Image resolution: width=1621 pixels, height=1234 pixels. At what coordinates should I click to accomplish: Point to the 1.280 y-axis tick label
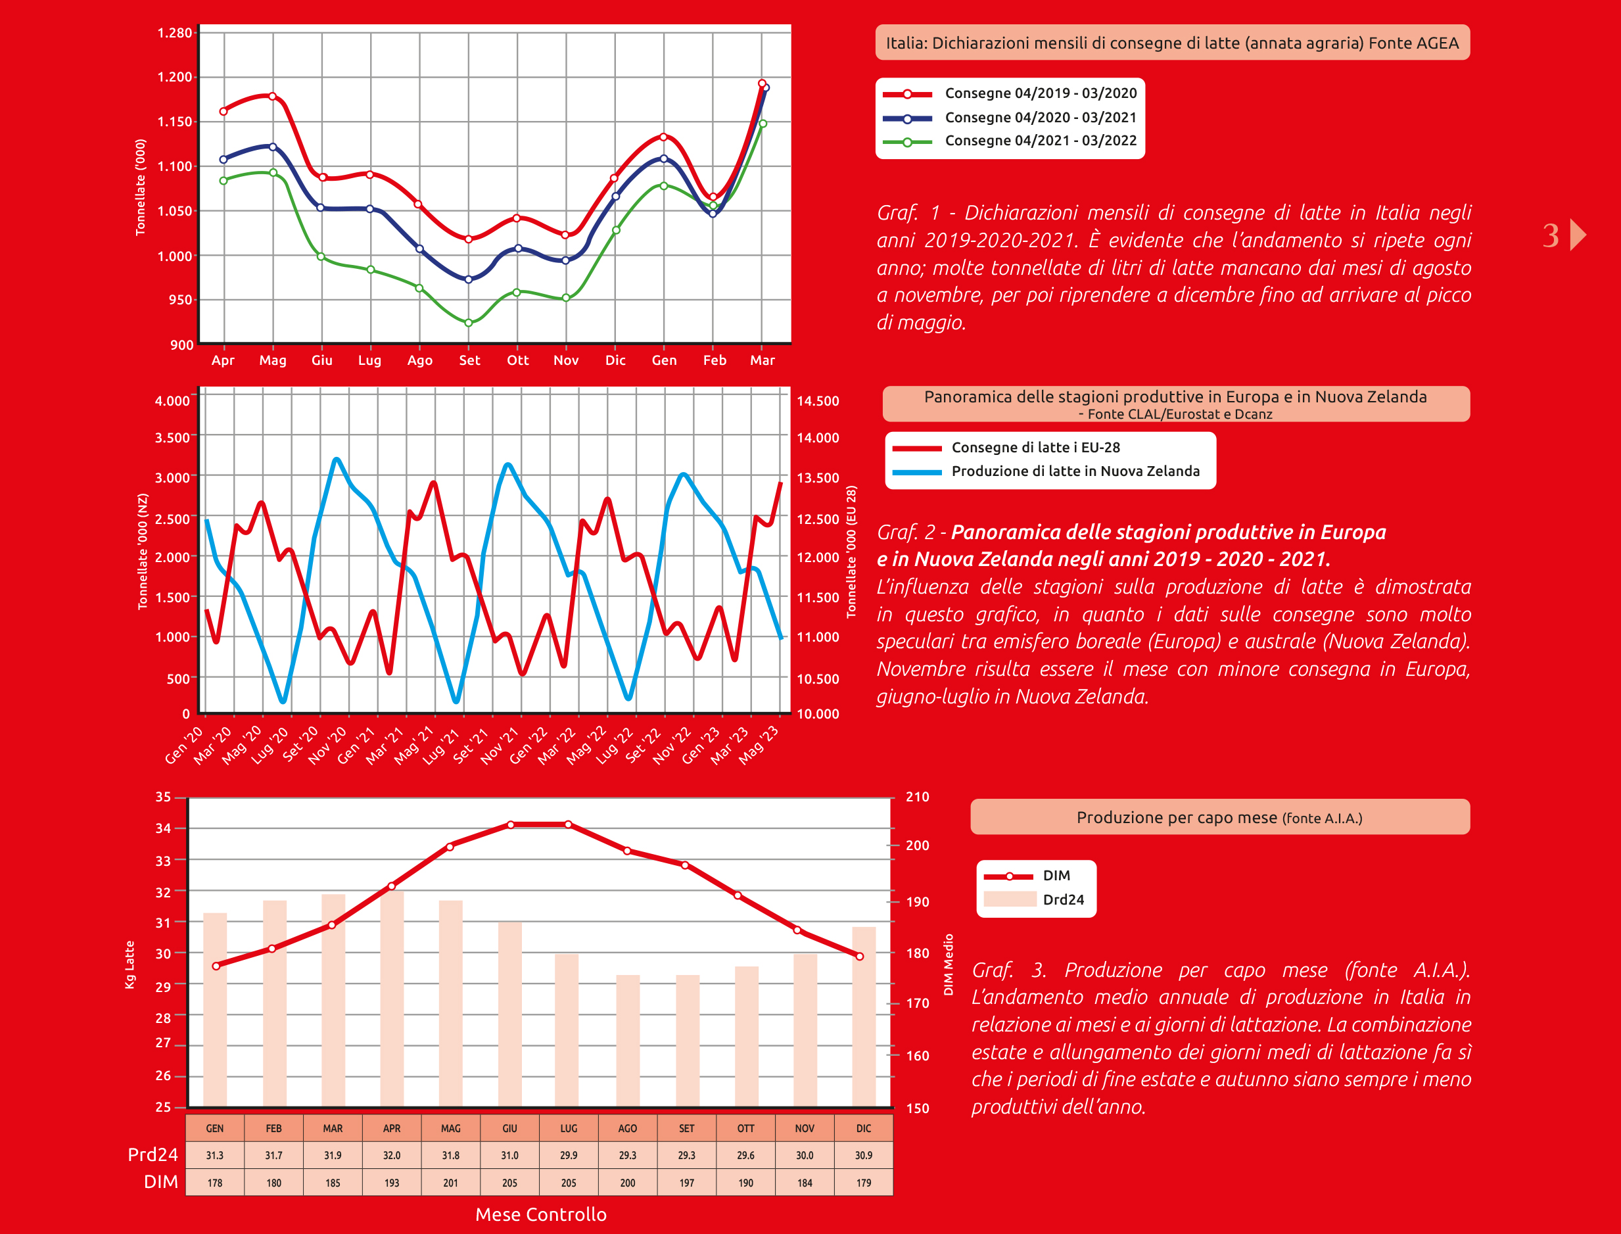tap(175, 33)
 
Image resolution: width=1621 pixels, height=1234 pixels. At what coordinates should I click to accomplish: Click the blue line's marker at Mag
tap(273, 147)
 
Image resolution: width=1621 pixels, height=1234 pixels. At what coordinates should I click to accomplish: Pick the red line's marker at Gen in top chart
tap(664, 137)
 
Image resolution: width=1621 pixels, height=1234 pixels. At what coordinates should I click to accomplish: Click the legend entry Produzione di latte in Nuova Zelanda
tap(1075, 471)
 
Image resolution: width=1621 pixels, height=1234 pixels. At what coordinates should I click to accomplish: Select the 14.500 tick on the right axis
tap(818, 401)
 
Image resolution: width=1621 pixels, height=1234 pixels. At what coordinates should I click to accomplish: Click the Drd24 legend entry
tap(1063, 900)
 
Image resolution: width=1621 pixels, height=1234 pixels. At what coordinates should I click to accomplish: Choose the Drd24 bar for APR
tap(392, 999)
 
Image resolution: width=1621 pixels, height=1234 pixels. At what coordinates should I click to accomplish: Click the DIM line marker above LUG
tap(569, 825)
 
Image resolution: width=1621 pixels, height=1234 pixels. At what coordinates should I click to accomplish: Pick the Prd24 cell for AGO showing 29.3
tap(627, 1155)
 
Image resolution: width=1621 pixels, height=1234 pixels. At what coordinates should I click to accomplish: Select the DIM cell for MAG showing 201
tap(451, 1183)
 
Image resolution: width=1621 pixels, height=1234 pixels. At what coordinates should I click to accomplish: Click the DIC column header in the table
tap(864, 1128)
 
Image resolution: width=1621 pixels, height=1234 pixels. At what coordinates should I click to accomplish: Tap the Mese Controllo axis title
tap(540, 1215)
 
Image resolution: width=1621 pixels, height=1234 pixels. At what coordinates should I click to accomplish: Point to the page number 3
tap(1551, 236)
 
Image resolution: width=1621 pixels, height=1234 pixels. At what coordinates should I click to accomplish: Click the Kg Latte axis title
tap(130, 964)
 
